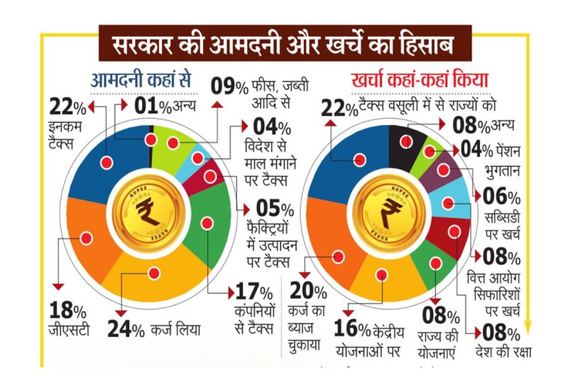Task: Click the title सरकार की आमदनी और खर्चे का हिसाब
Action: [283, 44]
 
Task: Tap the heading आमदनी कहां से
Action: [136, 79]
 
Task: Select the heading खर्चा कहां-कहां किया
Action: [415, 79]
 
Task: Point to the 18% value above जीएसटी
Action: [68, 309]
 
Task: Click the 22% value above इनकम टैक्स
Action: [68, 108]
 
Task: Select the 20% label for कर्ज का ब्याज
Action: [309, 291]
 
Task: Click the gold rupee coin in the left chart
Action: [150, 211]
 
